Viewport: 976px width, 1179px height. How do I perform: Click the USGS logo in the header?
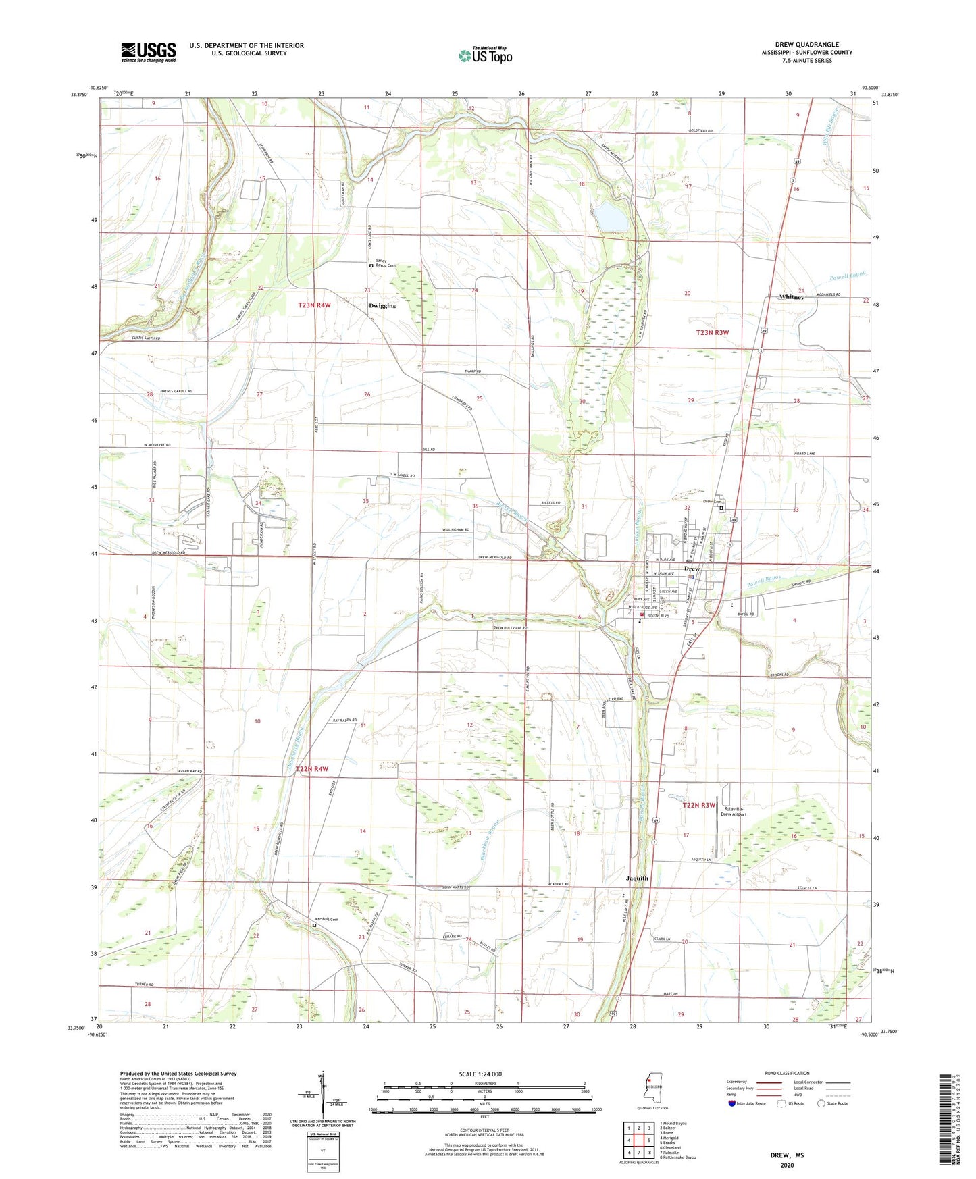tap(148, 52)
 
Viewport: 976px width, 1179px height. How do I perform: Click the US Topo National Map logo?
tap(485, 55)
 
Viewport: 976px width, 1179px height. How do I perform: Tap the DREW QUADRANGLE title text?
tap(806, 45)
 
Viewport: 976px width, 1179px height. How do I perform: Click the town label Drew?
tap(692, 569)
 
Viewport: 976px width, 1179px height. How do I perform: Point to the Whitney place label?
tap(791, 297)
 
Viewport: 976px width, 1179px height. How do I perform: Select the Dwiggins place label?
tap(382, 306)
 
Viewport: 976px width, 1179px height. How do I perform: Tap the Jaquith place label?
tap(637, 879)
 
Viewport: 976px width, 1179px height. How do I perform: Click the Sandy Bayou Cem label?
tap(386, 264)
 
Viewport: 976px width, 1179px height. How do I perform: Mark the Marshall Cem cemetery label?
tap(326, 920)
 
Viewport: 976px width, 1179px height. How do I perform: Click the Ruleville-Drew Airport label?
tap(735, 812)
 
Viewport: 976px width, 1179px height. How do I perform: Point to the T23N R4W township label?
tap(315, 306)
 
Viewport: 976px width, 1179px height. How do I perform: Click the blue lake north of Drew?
tap(611, 217)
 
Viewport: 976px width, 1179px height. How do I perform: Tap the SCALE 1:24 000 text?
tap(480, 1074)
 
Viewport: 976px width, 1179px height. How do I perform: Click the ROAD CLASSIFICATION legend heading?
tap(786, 1073)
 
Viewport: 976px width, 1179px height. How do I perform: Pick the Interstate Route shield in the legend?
tap(732, 1103)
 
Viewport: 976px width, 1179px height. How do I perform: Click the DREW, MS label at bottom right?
tap(787, 1155)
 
